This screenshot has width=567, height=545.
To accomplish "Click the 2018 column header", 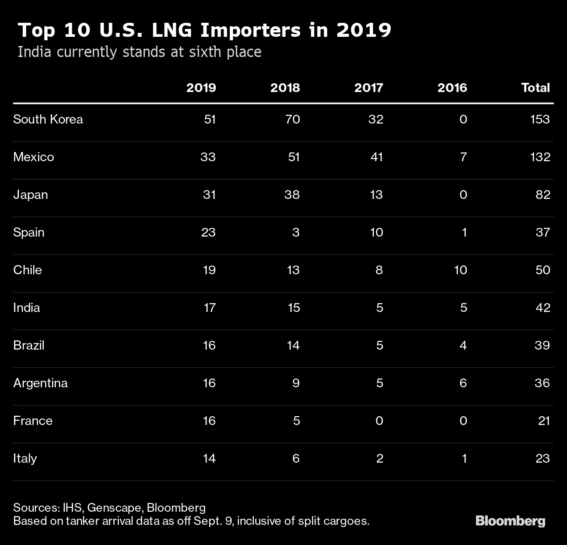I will pyautogui.click(x=285, y=88).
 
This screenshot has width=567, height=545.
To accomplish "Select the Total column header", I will pyautogui.click(x=535, y=88).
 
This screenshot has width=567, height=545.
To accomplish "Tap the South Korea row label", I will pyautogui.click(x=48, y=119).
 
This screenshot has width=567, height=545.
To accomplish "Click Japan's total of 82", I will pyautogui.click(x=543, y=195).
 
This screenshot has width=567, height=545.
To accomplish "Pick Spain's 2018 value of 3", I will pyautogui.click(x=296, y=232).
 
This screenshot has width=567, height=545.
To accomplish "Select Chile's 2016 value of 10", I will pyautogui.click(x=460, y=270).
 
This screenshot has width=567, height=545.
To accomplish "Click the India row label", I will pyautogui.click(x=27, y=308).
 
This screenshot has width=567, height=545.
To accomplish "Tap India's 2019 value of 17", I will pyautogui.click(x=210, y=308).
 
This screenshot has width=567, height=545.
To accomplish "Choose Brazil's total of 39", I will pyautogui.click(x=542, y=345).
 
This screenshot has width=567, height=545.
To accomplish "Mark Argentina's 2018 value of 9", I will pyautogui.click(x=296, y=383).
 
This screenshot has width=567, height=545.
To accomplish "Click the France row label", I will pyautogui.click(x=33, y=421).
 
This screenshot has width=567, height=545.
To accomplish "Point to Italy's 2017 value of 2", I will pyautogui.click(x=379, y=458).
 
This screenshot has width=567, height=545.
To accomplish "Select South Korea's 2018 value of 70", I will pyautogui.click(x=292, y=119).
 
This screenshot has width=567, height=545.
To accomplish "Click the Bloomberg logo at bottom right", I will pyautogui.click(x=511, y=521).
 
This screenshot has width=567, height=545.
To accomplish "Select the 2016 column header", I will pyautogui.click(x=452, y=88).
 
